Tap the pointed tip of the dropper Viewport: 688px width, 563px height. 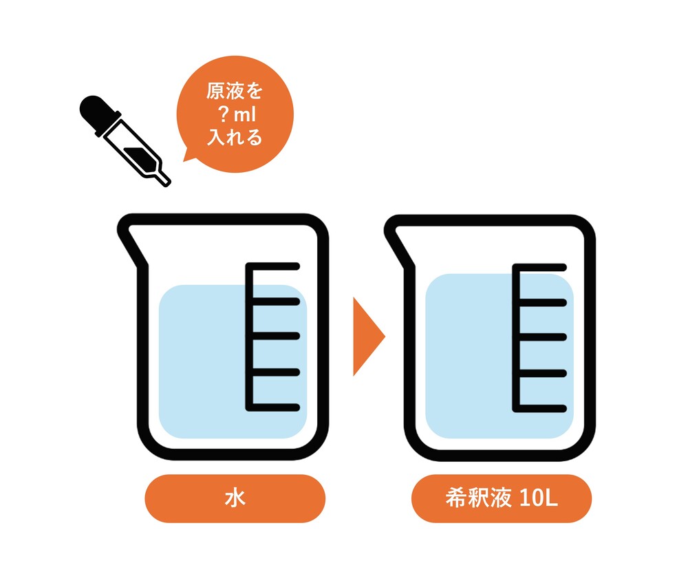[x=166, y=183]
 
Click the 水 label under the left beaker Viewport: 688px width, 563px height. [x=235, y=498]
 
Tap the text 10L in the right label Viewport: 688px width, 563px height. [x=538, y=498]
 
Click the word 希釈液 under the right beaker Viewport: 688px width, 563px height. [x=478, y=498]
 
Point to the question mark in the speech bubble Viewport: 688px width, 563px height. [x=224, y=114]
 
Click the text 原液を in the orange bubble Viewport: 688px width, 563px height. [x=235, y=92]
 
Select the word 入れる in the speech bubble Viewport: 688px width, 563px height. [x=235, y=138]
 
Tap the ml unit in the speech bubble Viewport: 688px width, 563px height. [x=244, y=114]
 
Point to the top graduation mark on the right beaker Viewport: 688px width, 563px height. [x=539, y=267]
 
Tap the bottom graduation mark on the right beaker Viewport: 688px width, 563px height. [x=539, y=409]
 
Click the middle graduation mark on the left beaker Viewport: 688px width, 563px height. [x=275, y=337]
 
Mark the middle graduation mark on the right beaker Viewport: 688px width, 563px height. [x=541, y=337]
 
